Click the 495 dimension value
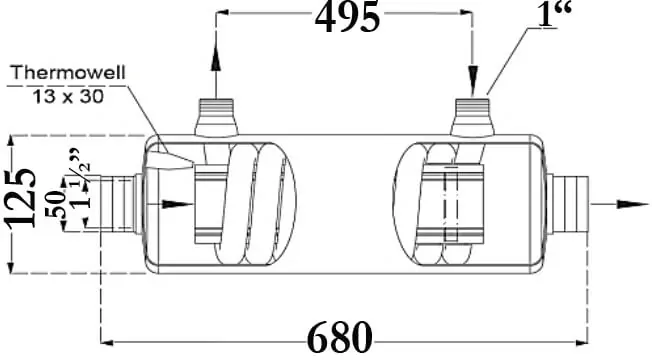point(347,17)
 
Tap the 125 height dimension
point(21,197)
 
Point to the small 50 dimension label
point(56,205)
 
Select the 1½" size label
point(81,178)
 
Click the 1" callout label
point(553,14)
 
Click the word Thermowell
point(68,72)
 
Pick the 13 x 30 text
point(68,97)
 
